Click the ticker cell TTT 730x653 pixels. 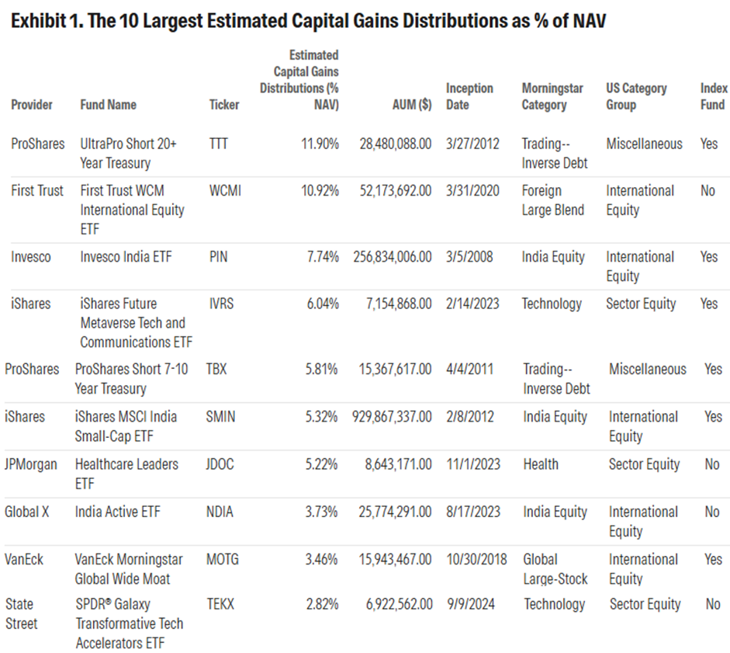point(219,144)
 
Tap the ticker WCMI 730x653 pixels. point(225,190)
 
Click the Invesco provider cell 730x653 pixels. point(31,257)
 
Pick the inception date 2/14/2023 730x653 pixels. point(472,304)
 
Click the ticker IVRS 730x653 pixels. point(223,304)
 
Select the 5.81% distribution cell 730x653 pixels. point(319,370)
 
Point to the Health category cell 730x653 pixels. point(541,464)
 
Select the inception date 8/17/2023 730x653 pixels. point(472,512)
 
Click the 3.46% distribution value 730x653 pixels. point(319,559)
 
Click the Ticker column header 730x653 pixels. point(224,105)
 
